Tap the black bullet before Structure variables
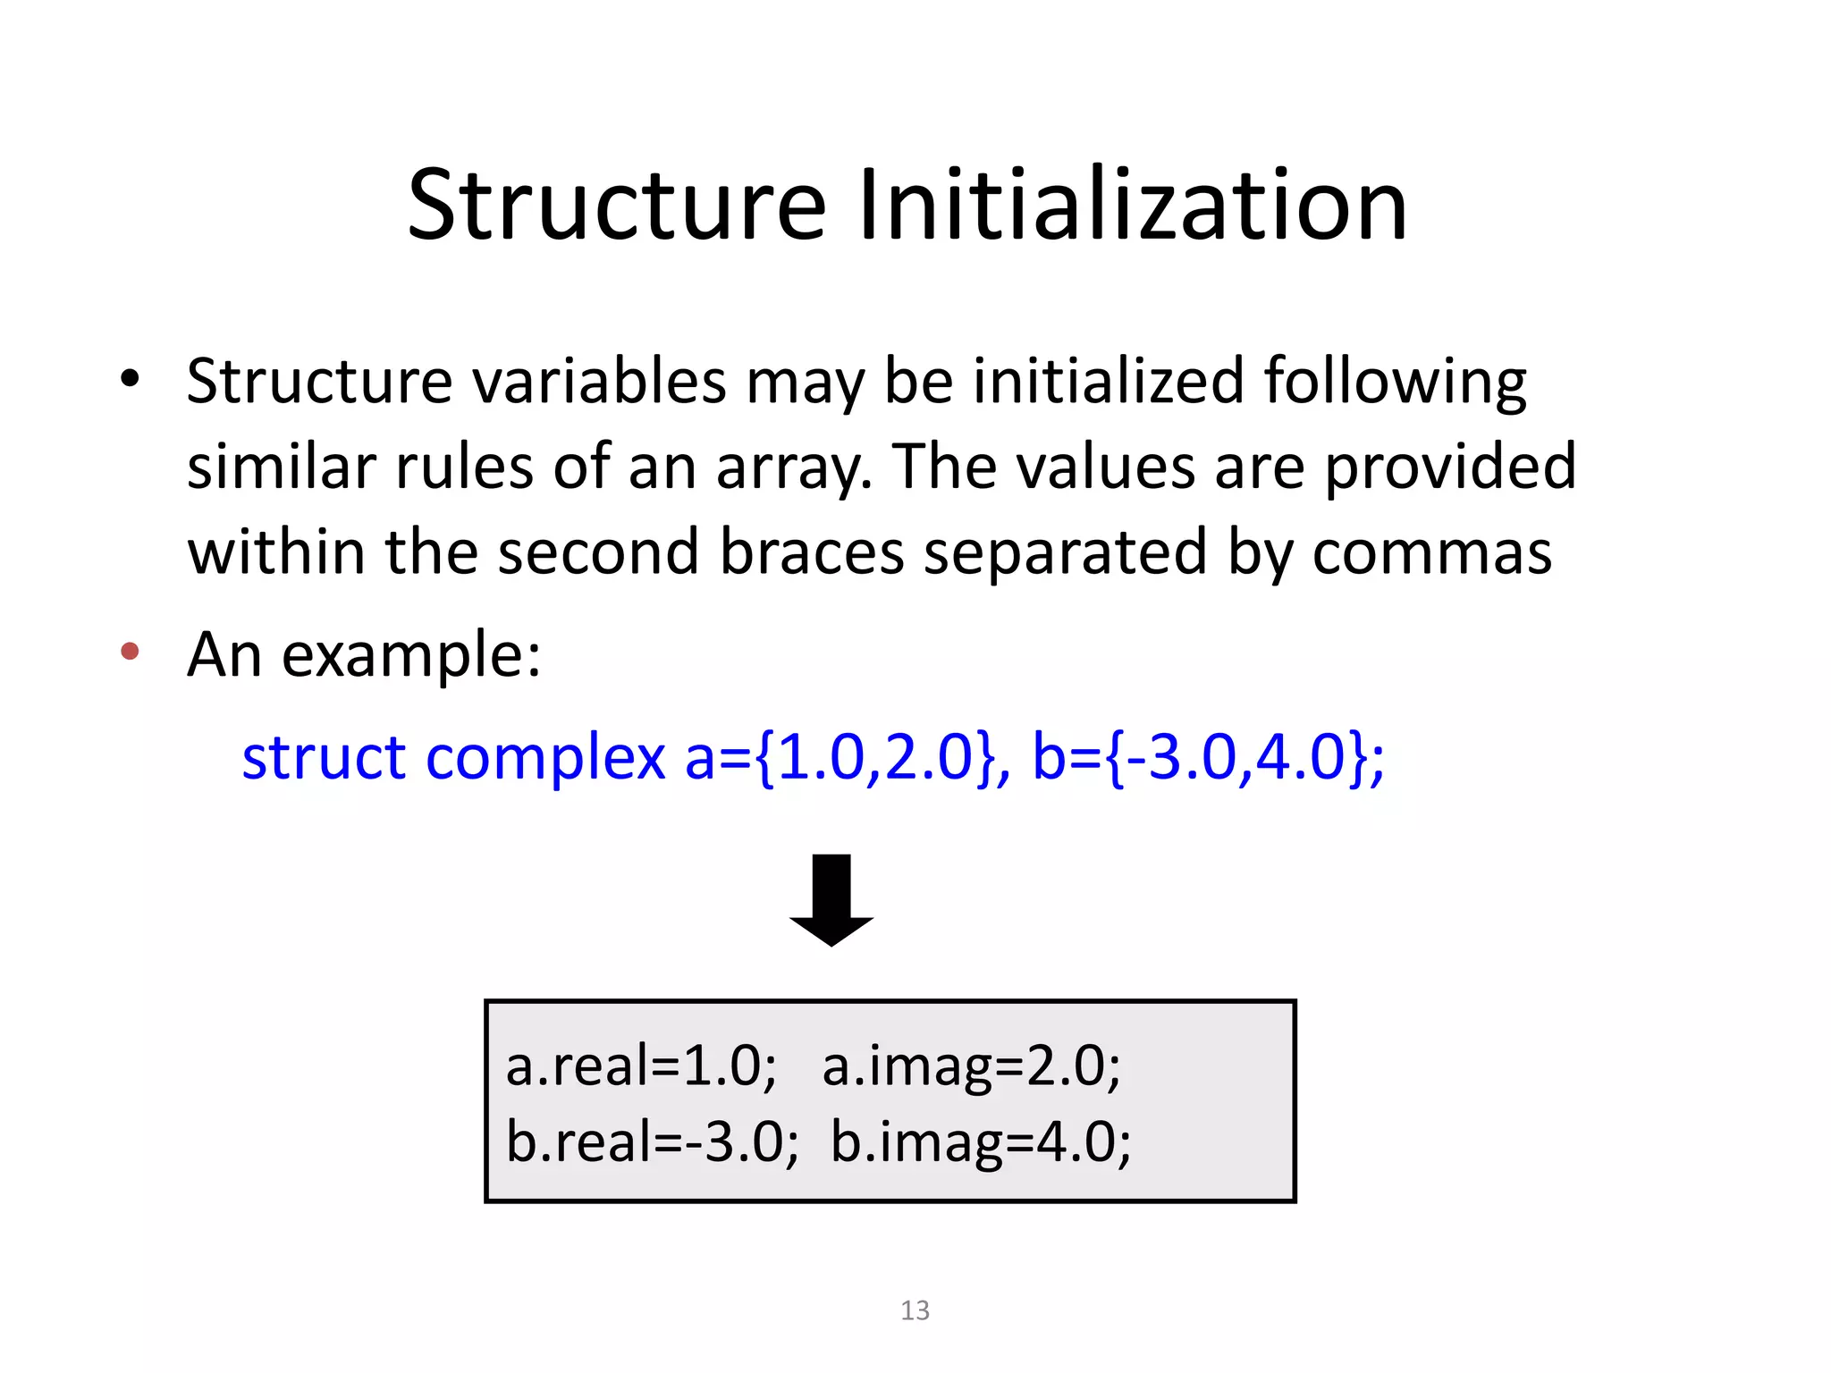click(x=131, y=379)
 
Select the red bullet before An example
click(x=131, y=651)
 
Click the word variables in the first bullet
click(x=599, y=382)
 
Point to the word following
click(x=1395, y=382)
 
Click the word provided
click(x=1450, y=467)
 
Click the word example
click(x=410, y=655)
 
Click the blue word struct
click(x=324, y=757)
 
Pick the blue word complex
click(x=545, y=757)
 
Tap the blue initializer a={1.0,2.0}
click(x=840, y=757)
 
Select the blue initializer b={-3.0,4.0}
click(x=1207, y=757)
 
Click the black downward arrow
click(x=831, y=899)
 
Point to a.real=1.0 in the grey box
click(x=641, y=1066)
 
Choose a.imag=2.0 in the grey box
click(x=971, y=1066)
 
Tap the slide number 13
click(x=915, y=1310)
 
